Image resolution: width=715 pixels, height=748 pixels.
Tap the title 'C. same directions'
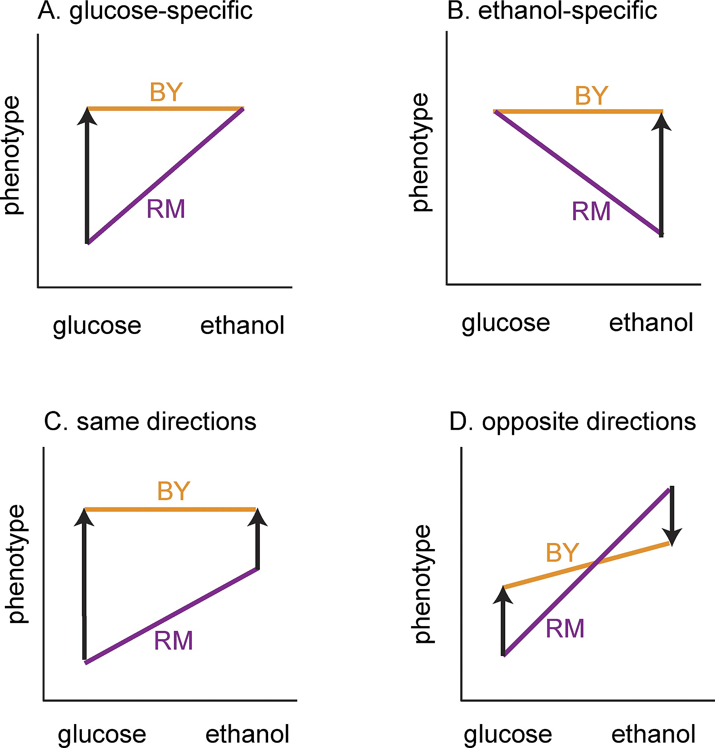(x=150, y=421)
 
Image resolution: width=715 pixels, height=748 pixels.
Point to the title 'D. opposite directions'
(x=573, y=421)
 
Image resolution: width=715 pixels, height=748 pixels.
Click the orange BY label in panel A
(x=166, y=92)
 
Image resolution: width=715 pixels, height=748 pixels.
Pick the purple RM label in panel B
(x=591, y=212)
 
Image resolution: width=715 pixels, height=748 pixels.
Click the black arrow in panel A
(x=87, y=175)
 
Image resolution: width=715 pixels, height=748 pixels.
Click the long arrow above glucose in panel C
(x=84, y=583)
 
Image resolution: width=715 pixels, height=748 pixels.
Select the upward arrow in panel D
(x=503, y=622)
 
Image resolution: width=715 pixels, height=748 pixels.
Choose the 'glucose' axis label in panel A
(x=97, y=326)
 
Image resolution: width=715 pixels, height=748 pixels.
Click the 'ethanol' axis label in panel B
(x=651, y=323)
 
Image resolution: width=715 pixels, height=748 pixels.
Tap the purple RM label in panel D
(x=565, y=628)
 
